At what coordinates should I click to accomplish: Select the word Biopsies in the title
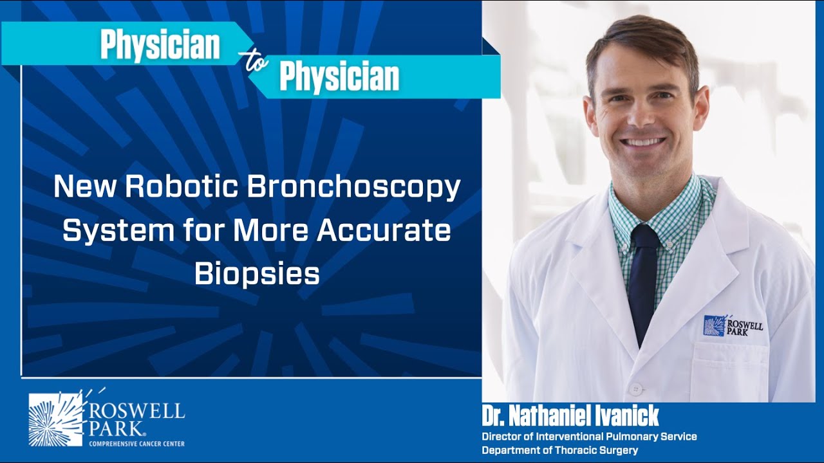257,274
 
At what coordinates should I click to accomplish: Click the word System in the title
107,231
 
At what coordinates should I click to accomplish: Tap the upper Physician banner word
160,45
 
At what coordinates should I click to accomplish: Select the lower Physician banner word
339,77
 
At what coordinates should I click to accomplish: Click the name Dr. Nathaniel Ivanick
570,416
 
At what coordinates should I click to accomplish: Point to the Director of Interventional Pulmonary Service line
589,437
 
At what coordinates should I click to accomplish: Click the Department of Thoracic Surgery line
559,450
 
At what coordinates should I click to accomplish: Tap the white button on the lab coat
635,389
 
